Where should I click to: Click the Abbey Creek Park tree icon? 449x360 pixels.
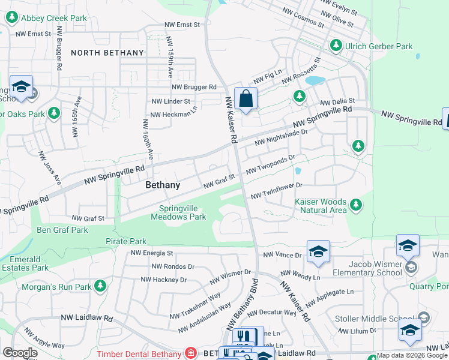(11, 17)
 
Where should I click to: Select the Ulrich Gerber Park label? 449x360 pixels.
(379, 46)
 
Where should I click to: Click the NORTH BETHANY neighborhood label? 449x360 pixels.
(107, 53)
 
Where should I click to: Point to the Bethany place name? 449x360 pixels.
(163, 185)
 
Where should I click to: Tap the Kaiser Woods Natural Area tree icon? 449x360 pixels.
(356, 206)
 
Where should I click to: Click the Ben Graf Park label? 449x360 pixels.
(62, 230)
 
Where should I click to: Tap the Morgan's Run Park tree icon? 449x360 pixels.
(101, 286)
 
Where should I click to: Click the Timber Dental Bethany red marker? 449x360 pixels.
(191, 353)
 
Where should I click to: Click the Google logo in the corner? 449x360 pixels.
(20, 353)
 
